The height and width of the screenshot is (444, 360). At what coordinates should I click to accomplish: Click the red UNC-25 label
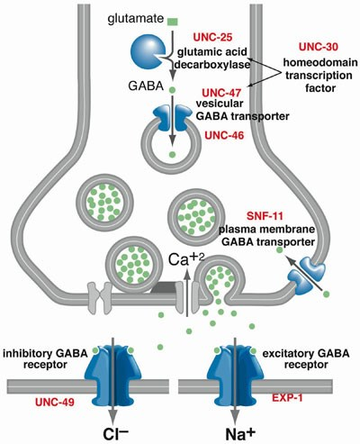pyautogui.click(x=213, y=37)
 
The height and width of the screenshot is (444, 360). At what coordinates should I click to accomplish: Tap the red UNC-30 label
pyautogui.click(x=319, y=47)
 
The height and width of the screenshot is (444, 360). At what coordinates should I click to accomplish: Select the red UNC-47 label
pyautogui.click(x=221, y=93)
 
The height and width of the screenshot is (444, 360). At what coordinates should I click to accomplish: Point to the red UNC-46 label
pyautogui.click(x=224, y=135)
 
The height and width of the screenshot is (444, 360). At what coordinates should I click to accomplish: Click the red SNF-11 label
pyautogui.click(x=265, y=216)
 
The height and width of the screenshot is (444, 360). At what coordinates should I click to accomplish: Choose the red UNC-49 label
pyautogui.click(x=55, y=403)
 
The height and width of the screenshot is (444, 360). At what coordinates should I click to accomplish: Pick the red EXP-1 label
pyautogui.click(x=287, y=398)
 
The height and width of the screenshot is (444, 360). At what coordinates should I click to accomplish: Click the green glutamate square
pyautogui.click(x=173, y=22)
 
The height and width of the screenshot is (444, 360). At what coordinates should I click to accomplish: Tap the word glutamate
pyautogui.click(x=136, y=20)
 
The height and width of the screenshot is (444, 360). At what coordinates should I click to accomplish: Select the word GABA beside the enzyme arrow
pyautogui.click(x=146, y=86)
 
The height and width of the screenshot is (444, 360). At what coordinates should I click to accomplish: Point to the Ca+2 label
pyautogui.click(x=186, y=259)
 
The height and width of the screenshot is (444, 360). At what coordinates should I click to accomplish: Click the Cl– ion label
pyautogui.click(x=116, y=433)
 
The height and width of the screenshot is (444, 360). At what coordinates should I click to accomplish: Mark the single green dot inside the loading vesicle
pyautogui.click(x=172, y=155)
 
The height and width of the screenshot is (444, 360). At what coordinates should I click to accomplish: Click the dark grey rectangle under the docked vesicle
pyautogui.click(x=164, y=287)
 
